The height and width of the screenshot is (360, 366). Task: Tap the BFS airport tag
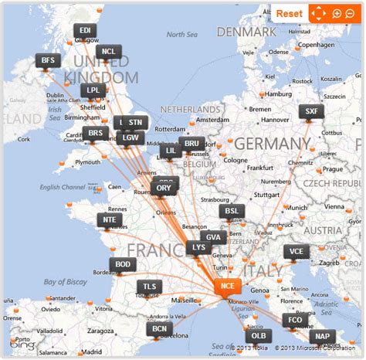[49, 60]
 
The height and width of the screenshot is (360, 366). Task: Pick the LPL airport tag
[93, 90]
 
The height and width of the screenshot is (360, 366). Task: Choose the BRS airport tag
[96, 133]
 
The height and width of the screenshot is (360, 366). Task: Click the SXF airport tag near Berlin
[311, 111]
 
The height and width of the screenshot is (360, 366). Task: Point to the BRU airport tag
[191, 144]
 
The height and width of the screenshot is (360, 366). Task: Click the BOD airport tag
[124, 264]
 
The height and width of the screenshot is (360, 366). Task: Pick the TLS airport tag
[150, 287]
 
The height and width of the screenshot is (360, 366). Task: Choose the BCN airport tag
[159, 329]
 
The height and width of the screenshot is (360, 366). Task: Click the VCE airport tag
[296, 251]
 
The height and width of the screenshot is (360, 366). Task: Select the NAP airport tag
[322, 336]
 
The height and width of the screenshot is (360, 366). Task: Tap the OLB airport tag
[258, 335]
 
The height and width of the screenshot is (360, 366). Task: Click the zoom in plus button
[337, 13]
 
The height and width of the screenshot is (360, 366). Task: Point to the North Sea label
[182, 34]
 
